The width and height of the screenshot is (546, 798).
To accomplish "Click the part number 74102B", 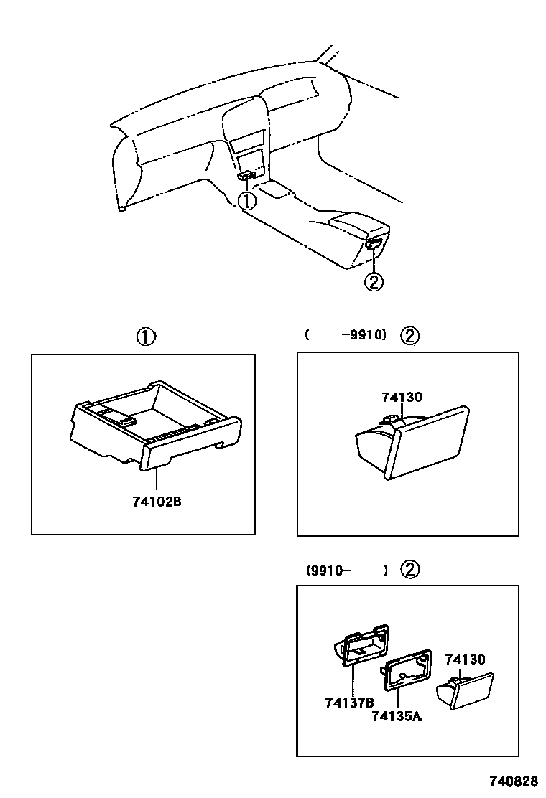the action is (x=156, y=502).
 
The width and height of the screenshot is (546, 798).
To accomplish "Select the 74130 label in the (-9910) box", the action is (x=401, y=398).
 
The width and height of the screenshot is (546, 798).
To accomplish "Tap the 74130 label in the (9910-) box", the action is (x=465, y=659).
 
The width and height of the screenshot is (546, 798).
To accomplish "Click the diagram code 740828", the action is (x=513, y=780).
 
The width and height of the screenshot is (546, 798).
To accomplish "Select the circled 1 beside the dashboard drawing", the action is (x=247, y=202).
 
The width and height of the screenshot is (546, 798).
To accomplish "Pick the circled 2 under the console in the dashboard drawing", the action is (x=374, y=282).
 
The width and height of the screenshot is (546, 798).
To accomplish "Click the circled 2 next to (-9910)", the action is (x=409, y=335).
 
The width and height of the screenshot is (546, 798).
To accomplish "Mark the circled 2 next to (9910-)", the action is (x=409, y=571).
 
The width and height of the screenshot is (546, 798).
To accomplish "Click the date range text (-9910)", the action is (x=346, y=335).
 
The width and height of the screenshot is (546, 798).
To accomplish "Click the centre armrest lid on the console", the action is (x=355, y=220).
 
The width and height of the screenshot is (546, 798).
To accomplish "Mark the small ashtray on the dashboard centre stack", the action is (x=246, y=174).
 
